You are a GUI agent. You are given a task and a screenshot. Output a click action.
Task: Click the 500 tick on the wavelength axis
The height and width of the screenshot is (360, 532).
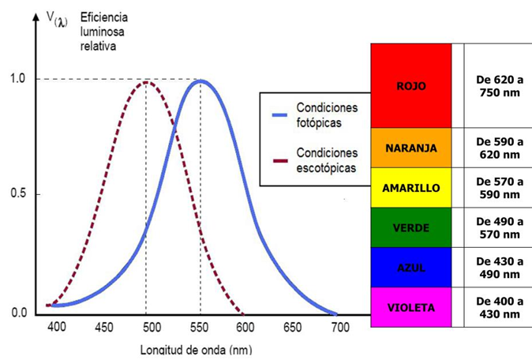click(152, 328)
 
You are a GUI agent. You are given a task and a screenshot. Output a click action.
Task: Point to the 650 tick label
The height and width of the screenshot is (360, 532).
click(293, 328)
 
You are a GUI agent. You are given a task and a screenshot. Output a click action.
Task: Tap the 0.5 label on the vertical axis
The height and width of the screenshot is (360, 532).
click(18, 193)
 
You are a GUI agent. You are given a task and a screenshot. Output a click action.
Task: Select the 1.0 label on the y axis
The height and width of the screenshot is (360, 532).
click(18, 79)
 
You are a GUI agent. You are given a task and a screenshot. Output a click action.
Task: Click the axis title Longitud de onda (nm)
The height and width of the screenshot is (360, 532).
click(196, 350)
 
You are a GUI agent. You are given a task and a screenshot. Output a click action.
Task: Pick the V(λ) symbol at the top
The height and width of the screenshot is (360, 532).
click(57, 20)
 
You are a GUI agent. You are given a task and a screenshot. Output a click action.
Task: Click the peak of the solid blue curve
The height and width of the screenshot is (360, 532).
click(200, 81)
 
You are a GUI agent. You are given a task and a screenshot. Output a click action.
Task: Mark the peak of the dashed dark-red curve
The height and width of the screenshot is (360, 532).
click(146, 82)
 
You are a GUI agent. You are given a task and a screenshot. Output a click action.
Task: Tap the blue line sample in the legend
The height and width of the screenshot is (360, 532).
click(280, 115)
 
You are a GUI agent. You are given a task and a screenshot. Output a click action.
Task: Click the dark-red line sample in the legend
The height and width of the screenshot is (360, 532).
click(280, 160)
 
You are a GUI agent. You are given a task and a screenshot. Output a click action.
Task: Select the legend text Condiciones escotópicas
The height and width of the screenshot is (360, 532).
click(327, 160)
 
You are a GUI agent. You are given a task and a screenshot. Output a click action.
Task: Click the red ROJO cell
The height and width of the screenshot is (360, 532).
click(411, 85)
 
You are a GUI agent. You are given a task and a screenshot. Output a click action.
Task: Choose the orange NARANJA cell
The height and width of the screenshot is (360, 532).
click(411, 148)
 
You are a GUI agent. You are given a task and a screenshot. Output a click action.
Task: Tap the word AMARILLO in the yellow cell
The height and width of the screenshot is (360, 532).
click(411, 188)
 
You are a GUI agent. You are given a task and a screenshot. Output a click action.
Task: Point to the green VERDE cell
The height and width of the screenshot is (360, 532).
click(411, 227)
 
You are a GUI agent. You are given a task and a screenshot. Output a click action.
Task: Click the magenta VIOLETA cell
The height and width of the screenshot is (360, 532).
click(411, 307)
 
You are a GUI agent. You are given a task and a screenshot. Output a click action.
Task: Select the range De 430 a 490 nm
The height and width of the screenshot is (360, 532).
click(500, 268)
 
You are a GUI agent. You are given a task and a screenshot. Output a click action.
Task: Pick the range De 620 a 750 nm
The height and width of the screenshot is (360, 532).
click(500, 86)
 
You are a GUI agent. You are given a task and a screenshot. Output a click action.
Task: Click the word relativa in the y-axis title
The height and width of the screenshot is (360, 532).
click(98, 46)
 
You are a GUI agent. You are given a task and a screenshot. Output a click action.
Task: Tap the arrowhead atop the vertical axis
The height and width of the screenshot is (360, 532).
click(36, 17)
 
